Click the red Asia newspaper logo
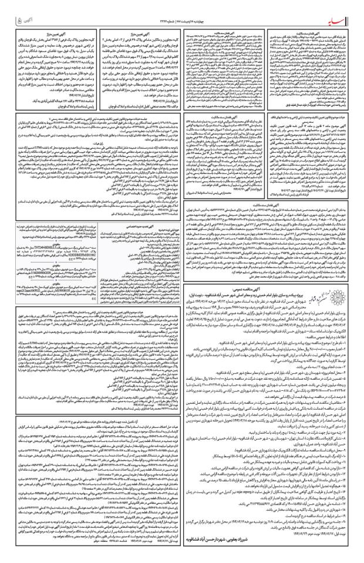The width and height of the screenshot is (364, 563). [339, 9]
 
